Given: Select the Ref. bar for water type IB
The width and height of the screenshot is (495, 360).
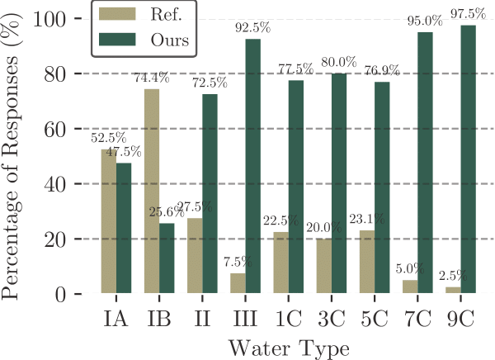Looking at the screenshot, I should (x=152, y=192).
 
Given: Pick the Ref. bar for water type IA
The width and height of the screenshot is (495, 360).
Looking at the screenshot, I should (x=109, y=221).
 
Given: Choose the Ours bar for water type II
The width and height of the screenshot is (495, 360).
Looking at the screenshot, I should (x=210, y=194).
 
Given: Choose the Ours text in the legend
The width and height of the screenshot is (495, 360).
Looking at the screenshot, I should (x=165, y=40).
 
